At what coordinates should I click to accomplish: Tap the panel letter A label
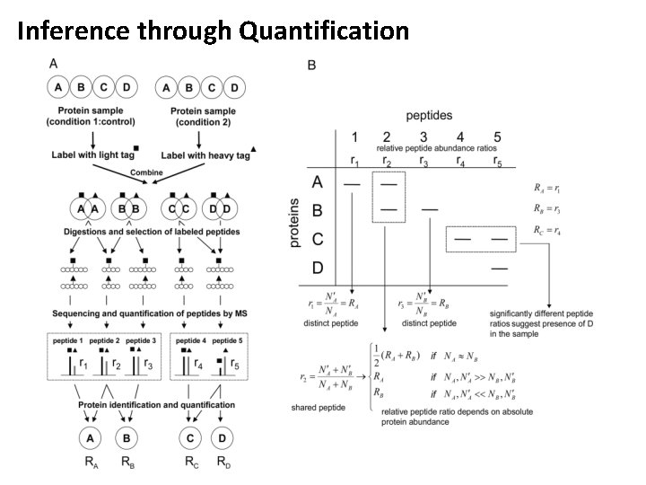tap(53, 63)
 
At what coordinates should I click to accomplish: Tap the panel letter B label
tap(311, 65)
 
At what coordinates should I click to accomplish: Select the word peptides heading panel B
tap(429, 115)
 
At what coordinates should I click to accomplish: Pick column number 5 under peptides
tap(498, 137)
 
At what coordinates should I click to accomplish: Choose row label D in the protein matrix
tap(317, 268)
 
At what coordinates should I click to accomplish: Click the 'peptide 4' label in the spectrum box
tap(190, 341)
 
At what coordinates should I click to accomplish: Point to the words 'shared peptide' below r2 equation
tap(317, 407)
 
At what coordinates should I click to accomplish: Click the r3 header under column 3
tap(423, 162)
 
